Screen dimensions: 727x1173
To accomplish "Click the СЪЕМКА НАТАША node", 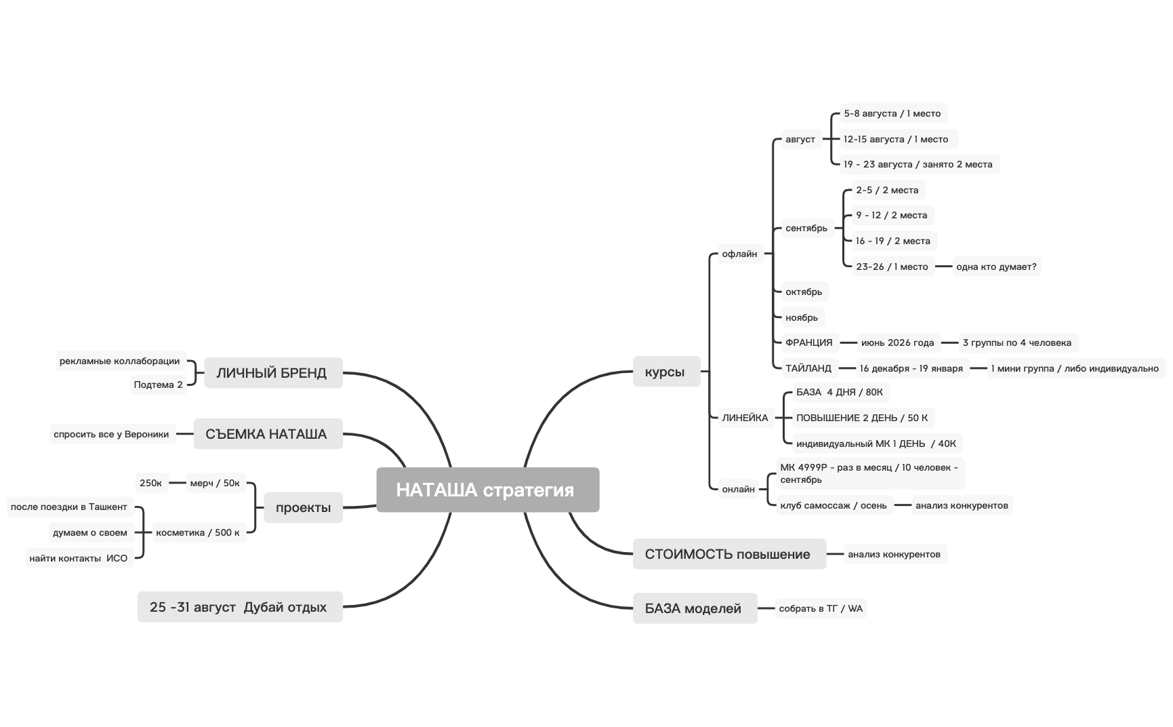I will click(x=267, y=434).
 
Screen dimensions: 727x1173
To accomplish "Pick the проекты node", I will click(x=303, y=507).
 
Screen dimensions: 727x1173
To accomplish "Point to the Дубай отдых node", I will click(x=239, y=607).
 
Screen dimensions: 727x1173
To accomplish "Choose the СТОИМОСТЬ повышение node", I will click(x=728, y=554).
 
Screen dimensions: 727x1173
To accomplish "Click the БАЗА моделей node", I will click(x=694, y=608).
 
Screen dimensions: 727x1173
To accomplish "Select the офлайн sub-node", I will click(x=739, y=254).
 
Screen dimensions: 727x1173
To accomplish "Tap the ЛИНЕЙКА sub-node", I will click(x=745, y=418).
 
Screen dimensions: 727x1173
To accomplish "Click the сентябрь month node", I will click(x=806, y=229).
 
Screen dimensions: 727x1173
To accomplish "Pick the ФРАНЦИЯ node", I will click(x=808, y=343).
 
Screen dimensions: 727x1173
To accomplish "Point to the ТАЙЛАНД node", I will click(x=808, y=369).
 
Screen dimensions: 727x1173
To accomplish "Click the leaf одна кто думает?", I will click(x=996, y=267).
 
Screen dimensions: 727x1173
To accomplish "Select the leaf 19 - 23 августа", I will click(x=918, y=165).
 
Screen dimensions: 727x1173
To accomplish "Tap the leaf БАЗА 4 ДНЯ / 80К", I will click(x=840, y=392).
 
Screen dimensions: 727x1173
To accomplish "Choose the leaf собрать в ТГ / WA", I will click(x=821, y=609).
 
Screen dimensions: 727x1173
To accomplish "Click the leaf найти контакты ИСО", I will click(x=79, y=559).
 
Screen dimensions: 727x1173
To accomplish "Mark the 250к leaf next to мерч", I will click(x=151, y=484).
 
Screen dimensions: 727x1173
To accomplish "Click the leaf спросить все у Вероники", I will click(x=112, y=435).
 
